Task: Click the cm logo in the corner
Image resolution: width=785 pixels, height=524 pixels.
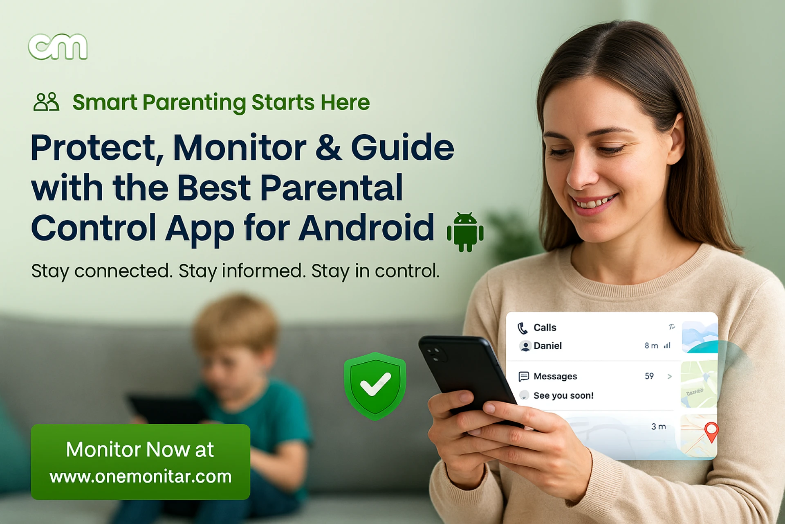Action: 58,47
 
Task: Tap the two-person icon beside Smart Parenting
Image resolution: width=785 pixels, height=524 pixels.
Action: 46,102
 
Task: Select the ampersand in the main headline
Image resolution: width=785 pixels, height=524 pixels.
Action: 328,147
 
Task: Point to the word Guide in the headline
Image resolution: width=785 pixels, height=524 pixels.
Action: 402,147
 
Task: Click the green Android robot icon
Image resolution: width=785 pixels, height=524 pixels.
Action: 465,232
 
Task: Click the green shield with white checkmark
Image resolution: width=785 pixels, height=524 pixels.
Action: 375,386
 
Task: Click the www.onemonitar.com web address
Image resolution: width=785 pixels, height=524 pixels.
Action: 141,477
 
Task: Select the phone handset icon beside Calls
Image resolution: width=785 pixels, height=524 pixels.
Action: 523,328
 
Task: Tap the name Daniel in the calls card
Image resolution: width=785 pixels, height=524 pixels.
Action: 547,346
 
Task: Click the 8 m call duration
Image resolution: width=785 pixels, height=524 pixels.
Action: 651,346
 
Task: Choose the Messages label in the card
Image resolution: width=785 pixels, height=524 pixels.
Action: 555,376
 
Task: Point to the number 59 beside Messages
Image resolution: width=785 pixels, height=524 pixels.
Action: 649,376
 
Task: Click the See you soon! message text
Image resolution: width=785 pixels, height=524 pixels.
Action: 563,395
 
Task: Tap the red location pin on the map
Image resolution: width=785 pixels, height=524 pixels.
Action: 711,431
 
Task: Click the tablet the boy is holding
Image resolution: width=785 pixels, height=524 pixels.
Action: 164,409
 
